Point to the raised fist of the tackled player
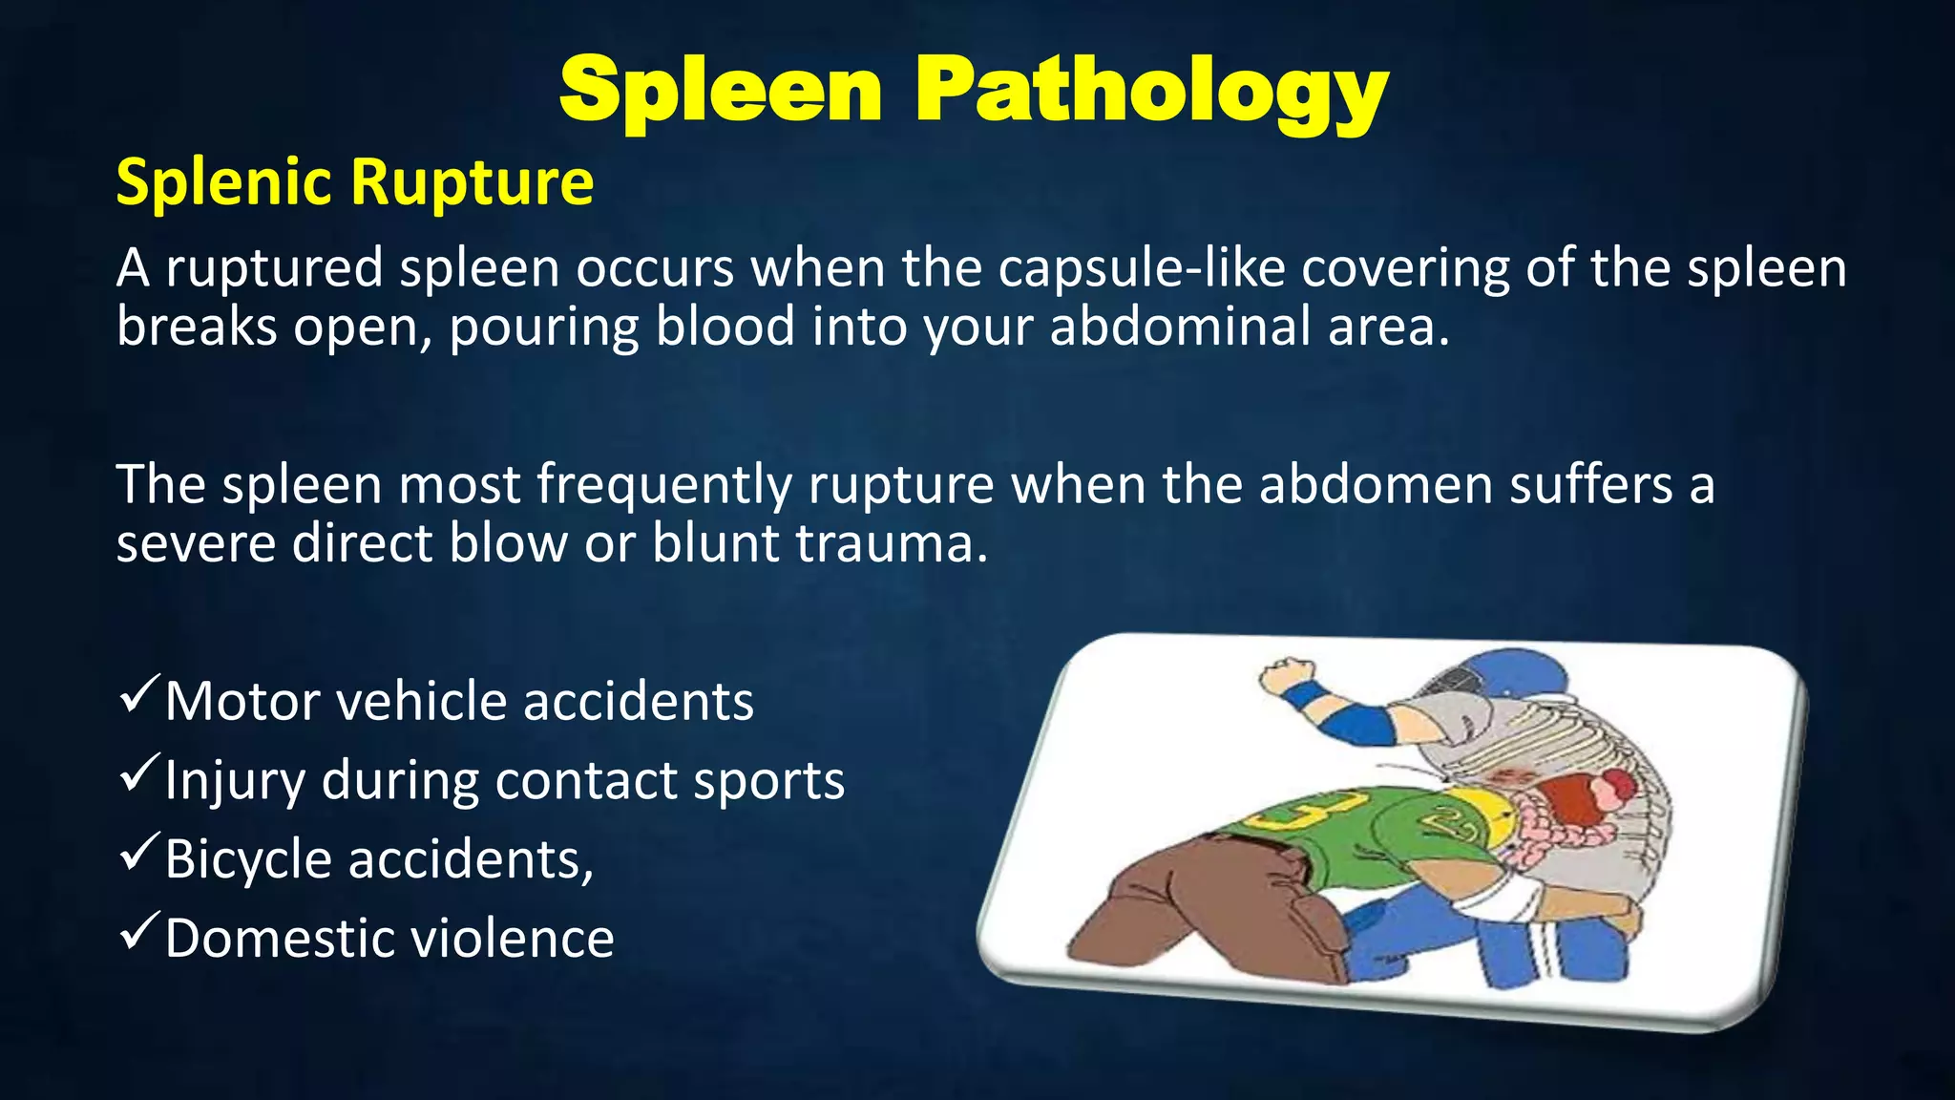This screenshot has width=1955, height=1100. pyautogui.click(x=1286, y=675)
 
